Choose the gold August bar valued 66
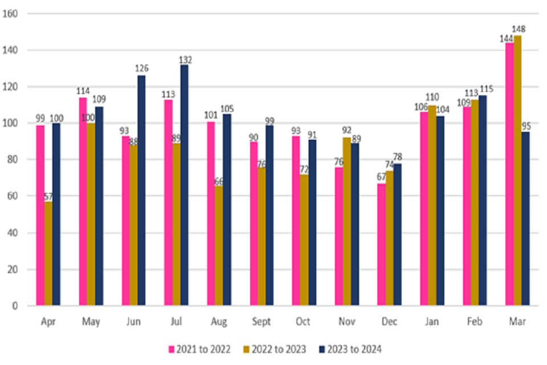tap(219, 245)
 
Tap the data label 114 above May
tap(83, 91)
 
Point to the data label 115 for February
tap(486, 89)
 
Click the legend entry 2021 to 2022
tap(199, 348)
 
